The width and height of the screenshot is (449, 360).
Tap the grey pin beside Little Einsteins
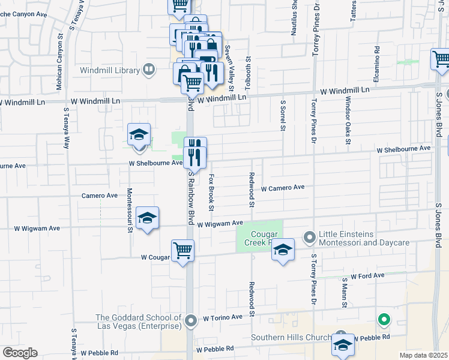[x=310, y=238]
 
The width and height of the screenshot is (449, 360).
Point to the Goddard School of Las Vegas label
[x=138, y=322]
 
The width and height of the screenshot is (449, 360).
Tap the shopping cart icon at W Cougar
[x=182, y=250]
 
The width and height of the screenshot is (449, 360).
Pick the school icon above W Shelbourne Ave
[x=139, y=134]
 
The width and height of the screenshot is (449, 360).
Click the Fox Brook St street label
[x=211, y=193]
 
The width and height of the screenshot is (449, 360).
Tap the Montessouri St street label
[x=129, y=211]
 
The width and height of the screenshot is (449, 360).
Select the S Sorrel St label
[x=282, y=115]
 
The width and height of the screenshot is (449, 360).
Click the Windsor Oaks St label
[x=348, y=122]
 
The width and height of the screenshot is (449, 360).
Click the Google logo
[x=20, y=352]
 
